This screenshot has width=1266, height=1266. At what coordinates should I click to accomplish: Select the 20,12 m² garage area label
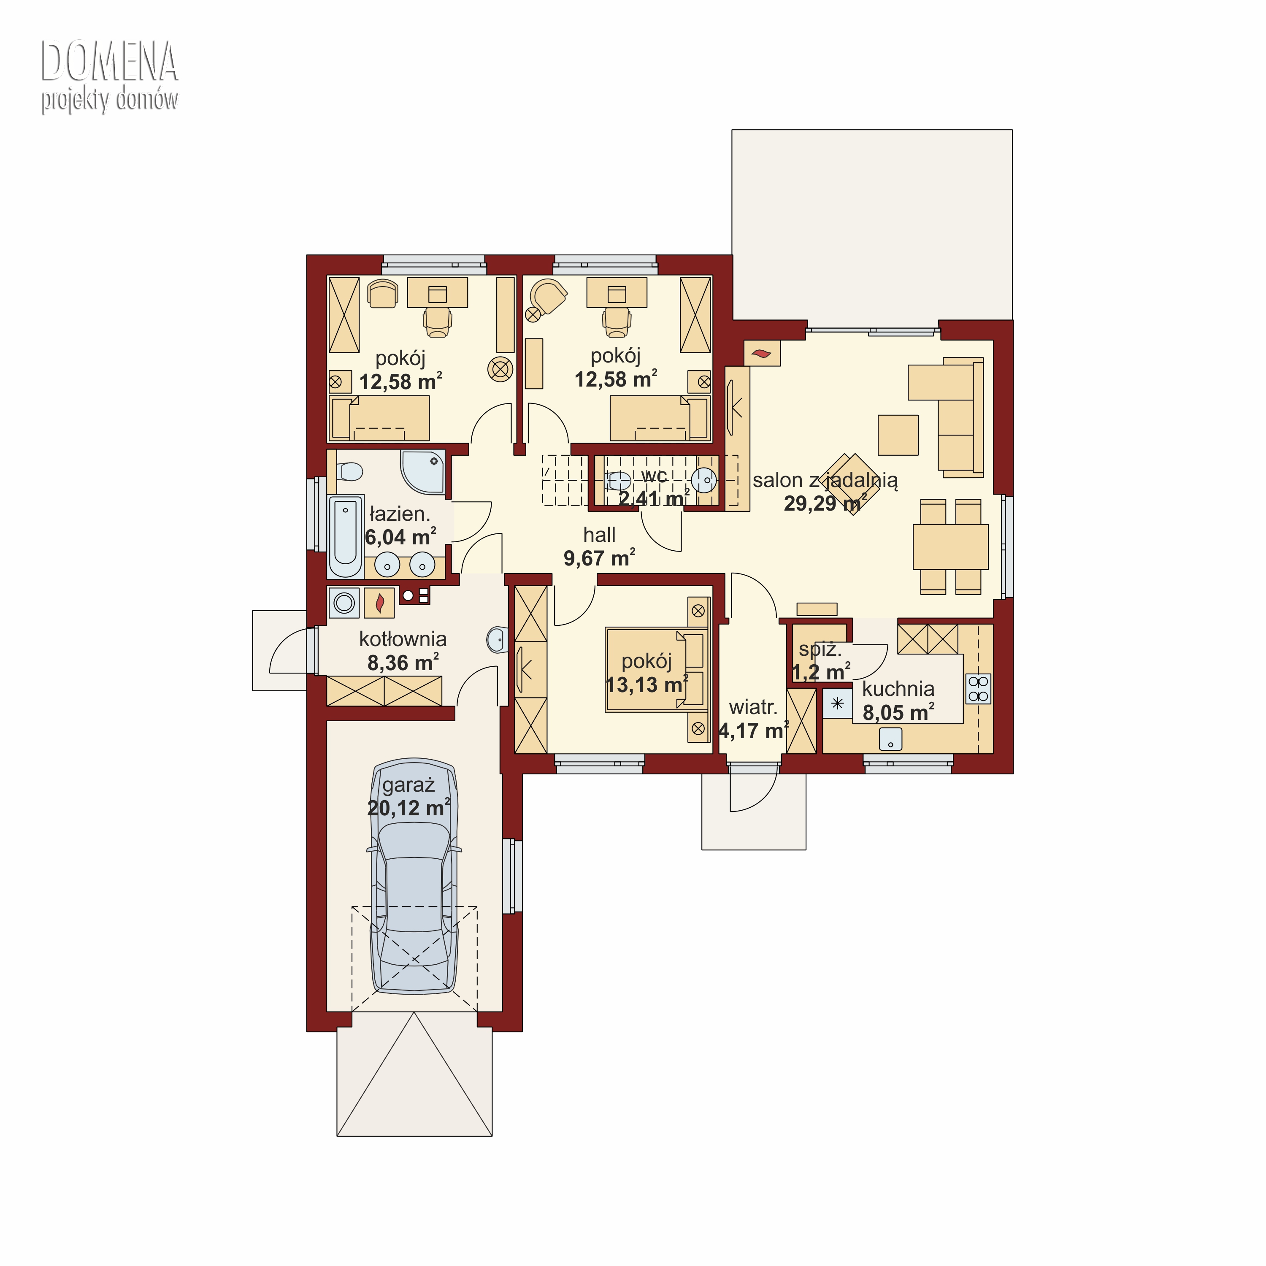click(x=408, y=809)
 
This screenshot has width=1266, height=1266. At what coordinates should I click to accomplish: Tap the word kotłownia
click(x=403, y=639)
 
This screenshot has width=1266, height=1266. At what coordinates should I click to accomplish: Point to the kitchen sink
click(x=890, y=740)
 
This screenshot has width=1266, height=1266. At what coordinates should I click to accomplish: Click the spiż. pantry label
click(x=820, y=650)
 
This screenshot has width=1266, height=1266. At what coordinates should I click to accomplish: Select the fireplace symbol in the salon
click(x=762, y=354)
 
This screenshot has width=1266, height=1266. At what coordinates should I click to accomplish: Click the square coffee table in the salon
click(x=898, y=435)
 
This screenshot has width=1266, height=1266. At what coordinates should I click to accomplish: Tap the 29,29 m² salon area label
click(x=826, y=503)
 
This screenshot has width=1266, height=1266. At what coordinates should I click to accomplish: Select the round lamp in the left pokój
click(x=500, y=370)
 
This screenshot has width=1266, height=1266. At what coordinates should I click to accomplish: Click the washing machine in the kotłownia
click(x=344, y=602)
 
